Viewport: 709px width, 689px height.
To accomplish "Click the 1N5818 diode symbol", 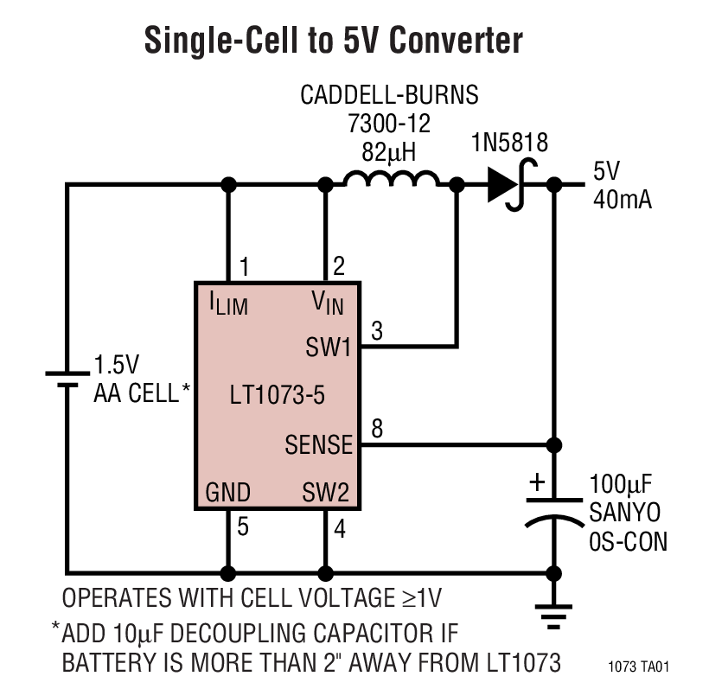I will (508, 184).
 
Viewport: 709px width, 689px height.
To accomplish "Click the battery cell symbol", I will (67, 378).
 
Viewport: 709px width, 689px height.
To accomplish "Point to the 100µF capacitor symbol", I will (553, 509).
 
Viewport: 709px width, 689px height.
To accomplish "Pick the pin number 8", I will (378, 427).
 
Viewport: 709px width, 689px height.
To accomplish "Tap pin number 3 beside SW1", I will (378, 329).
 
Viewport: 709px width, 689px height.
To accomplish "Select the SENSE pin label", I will (319, 445).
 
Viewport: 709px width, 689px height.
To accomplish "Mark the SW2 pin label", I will (325, 494).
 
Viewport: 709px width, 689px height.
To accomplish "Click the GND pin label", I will (228, 494).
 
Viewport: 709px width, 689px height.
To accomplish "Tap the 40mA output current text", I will (622, 199).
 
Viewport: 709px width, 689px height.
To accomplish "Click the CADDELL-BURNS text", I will (389, 94).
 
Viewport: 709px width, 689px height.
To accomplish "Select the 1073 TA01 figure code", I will (639, 667).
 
